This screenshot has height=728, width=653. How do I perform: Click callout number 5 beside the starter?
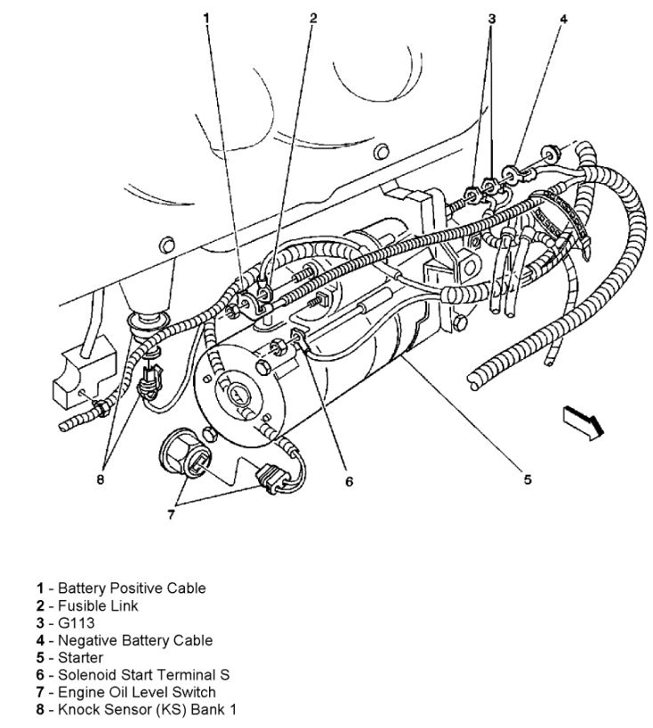click(x=528, y=479)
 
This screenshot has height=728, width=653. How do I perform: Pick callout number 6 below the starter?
click(x=349, y=482)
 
